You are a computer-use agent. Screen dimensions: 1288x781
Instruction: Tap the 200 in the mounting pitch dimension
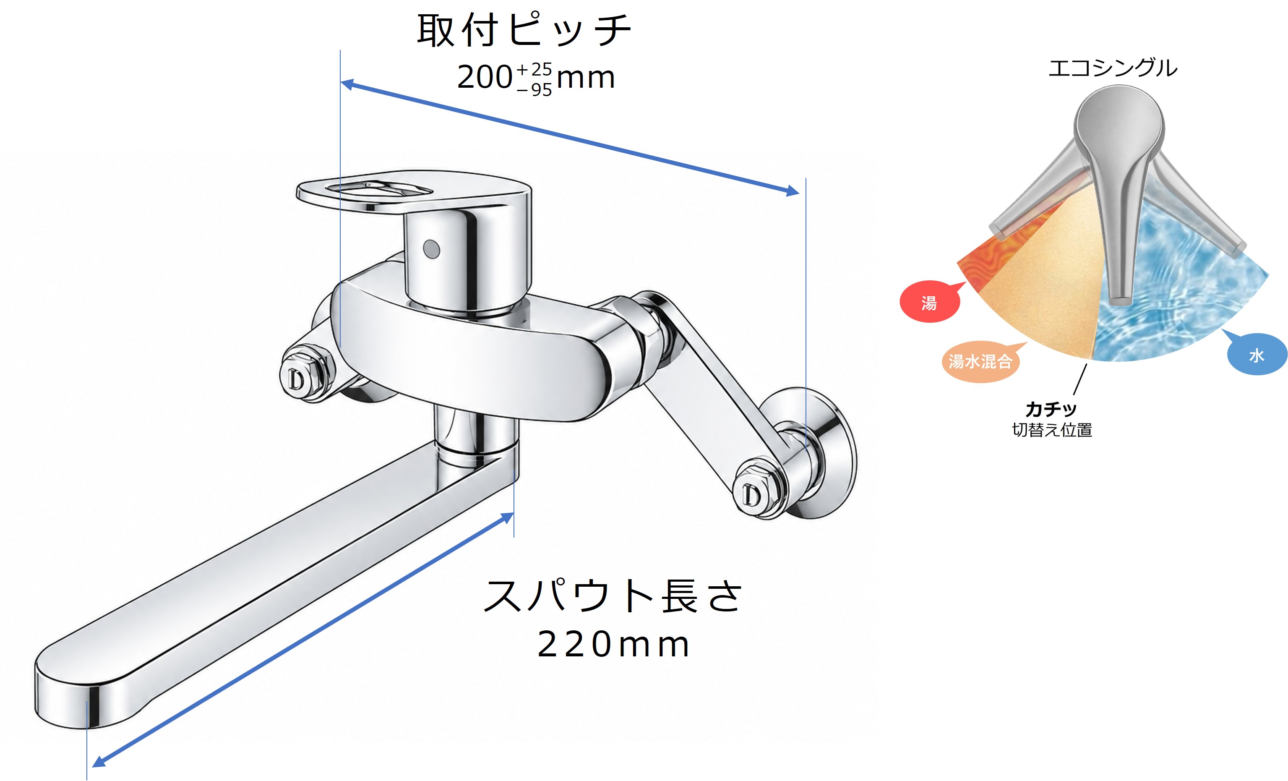tap(485, 77)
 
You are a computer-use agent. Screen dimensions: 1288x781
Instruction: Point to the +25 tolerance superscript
tap(534, 70)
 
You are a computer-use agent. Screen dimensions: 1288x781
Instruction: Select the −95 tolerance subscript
tap(534, 90)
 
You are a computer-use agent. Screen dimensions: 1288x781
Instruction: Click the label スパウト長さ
tap(613, 596)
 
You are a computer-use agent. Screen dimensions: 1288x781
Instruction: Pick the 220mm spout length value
tap(613, 645)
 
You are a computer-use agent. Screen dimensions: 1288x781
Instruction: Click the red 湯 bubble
tap(930, 302)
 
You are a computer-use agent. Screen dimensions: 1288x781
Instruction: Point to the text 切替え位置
tap(1052, 430)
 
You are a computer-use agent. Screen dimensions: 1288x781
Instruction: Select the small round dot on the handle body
tap(431, 249)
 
